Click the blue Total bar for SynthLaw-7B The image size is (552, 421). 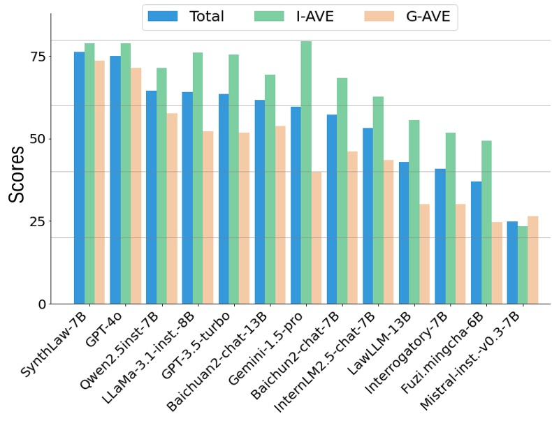[x=79, y=178]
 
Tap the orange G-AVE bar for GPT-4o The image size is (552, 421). [x=136, y=186]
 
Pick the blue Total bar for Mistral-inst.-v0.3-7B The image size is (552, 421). [x=512, y=263]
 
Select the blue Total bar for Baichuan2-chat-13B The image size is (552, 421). [x=259, y=202]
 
